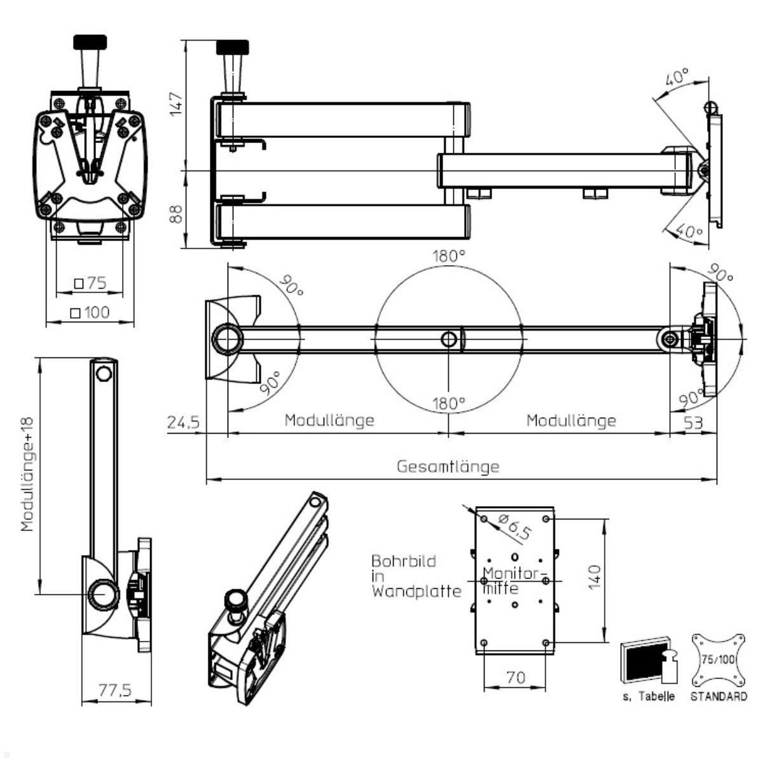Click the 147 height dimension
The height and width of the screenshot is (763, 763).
[176, 104]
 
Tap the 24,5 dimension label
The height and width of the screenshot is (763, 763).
[184, 422]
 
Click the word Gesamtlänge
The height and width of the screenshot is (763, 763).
[448, 467]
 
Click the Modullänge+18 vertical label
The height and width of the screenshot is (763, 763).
[27, 474]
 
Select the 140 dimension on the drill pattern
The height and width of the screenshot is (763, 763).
[595, 577]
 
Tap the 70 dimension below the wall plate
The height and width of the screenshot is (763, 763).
[516, 678]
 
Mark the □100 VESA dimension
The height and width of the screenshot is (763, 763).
[90, 313]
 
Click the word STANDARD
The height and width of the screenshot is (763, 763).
[718, 697]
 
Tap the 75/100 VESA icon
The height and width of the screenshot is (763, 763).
[718, 659]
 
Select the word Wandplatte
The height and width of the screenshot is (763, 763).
[416, 591]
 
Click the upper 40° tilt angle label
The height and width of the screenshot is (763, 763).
[677, 79]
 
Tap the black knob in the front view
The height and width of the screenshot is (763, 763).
[90, 43]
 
